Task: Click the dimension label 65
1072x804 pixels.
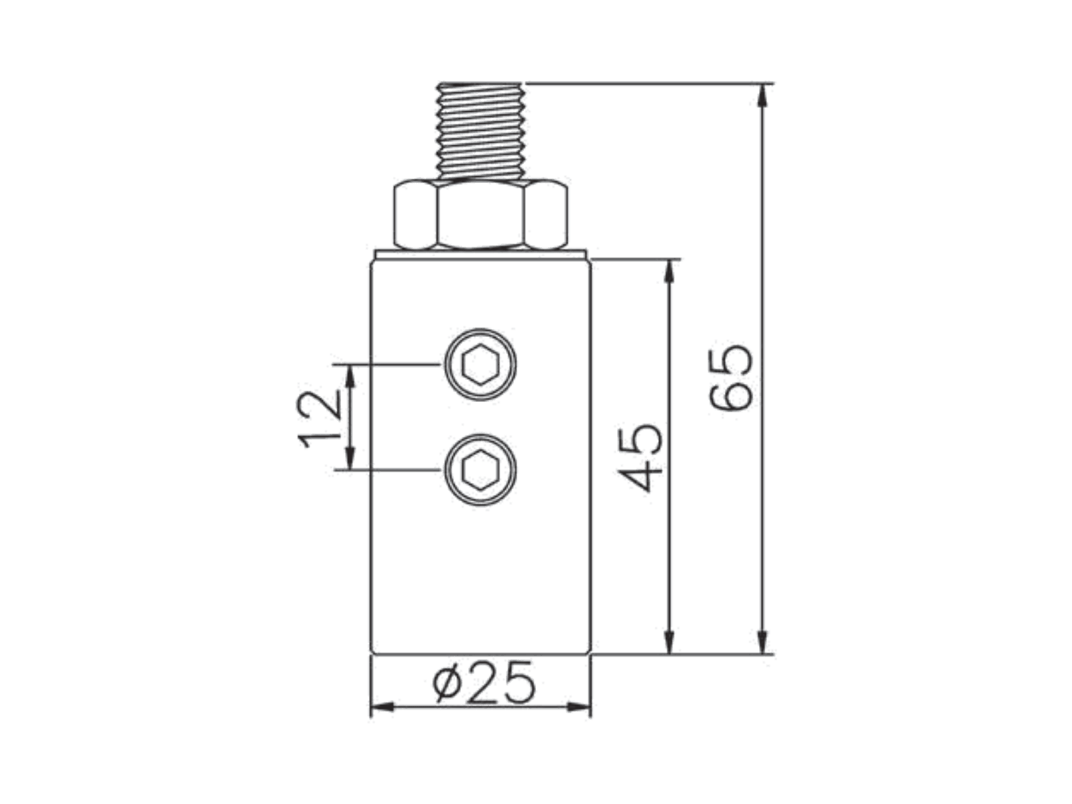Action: (730, 378)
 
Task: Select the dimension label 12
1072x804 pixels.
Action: (318, 418)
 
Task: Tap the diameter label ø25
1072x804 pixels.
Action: (484, 682)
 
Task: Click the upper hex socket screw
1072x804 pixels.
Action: (480, 364)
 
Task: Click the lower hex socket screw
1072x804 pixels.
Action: (480, 470)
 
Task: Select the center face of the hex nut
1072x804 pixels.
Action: (480, 215)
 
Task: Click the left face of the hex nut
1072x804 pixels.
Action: (415, 215)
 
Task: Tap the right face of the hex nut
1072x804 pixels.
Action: (546, 215)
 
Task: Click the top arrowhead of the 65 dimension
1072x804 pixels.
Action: (762, 94)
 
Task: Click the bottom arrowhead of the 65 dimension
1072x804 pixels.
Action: (762, 643)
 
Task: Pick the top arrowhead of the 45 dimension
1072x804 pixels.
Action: (669, 271)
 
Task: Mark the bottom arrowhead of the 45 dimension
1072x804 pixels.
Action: (669, 643)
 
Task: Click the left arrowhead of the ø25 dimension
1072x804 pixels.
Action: (383, 706)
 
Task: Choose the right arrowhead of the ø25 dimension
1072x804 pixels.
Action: (579, 706)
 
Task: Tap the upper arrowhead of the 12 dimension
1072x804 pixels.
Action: (350, 376)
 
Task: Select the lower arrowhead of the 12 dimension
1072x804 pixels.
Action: (350, 458)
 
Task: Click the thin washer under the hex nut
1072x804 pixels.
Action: (480, 254)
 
